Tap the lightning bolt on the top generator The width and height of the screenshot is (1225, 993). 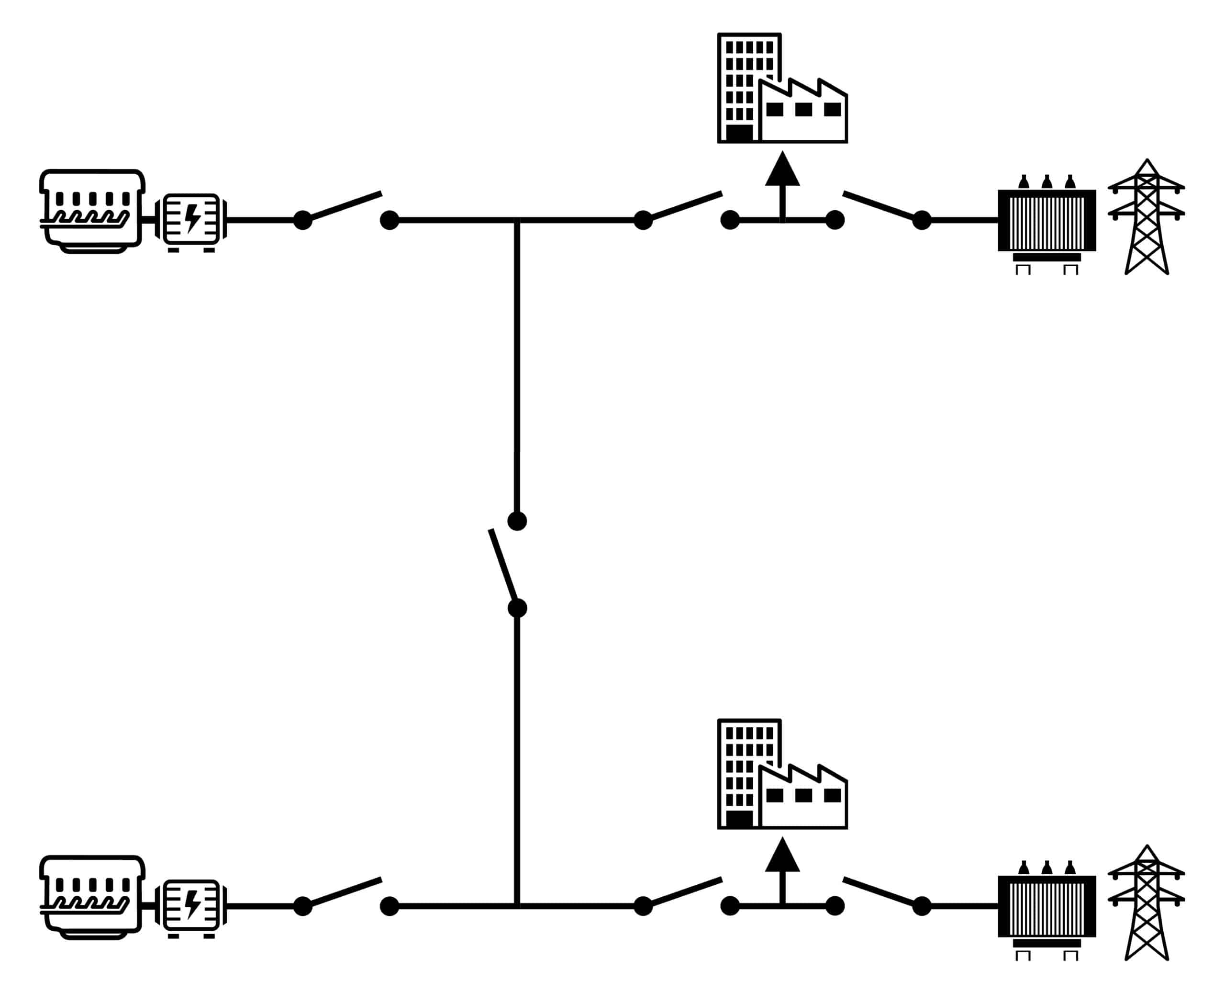click(193, 218)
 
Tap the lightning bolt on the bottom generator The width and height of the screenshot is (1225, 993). click(193, 904)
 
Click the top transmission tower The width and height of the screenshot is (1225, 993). click(1146, 217)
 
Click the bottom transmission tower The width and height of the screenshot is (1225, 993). click(1146, 904)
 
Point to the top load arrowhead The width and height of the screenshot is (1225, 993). click(782, 170)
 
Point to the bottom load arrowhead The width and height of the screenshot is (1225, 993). click(782, 856)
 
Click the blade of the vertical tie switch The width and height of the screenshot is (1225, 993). click(503, 564)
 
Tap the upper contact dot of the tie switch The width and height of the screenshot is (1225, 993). click(517, 521)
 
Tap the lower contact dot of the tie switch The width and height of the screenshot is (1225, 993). click(517, 608)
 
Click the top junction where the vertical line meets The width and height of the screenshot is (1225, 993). click(517, 220)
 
